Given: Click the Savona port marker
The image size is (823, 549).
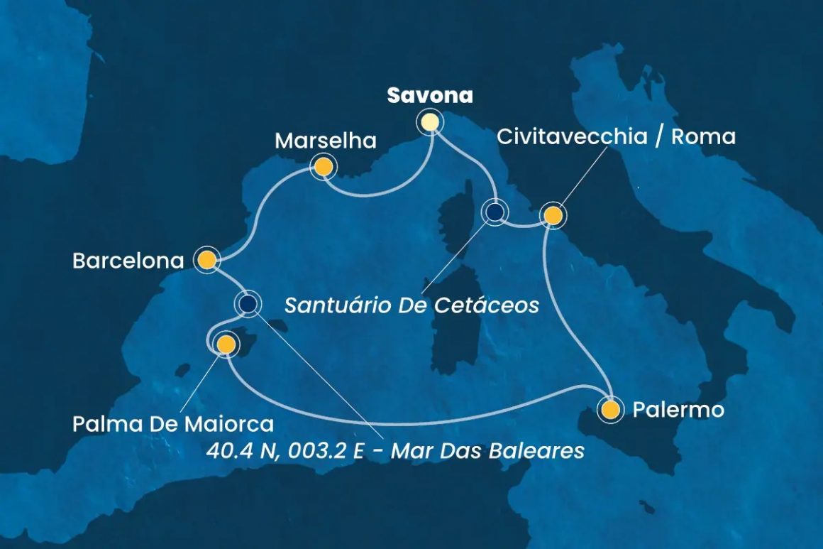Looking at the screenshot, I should pos(429,122).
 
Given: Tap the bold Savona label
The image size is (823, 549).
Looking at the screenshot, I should pos(429,96).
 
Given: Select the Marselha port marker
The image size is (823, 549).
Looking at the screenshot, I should pos(323,168).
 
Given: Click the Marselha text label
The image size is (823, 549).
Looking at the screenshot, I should pos(325,141).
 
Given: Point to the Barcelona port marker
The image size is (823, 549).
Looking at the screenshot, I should pos(206,261).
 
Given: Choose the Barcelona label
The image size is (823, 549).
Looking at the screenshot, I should pos(128,261).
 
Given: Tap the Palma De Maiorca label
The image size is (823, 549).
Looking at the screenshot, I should pos(173,425).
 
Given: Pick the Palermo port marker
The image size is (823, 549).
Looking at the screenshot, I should pos(610,410).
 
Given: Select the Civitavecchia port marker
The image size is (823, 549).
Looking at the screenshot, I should pos(553,214).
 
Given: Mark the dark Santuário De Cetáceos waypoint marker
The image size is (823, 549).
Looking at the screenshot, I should pos(494,212).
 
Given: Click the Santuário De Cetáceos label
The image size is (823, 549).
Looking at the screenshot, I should pos(411,306).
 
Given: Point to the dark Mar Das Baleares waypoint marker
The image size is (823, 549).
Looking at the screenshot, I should pos(248,304).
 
